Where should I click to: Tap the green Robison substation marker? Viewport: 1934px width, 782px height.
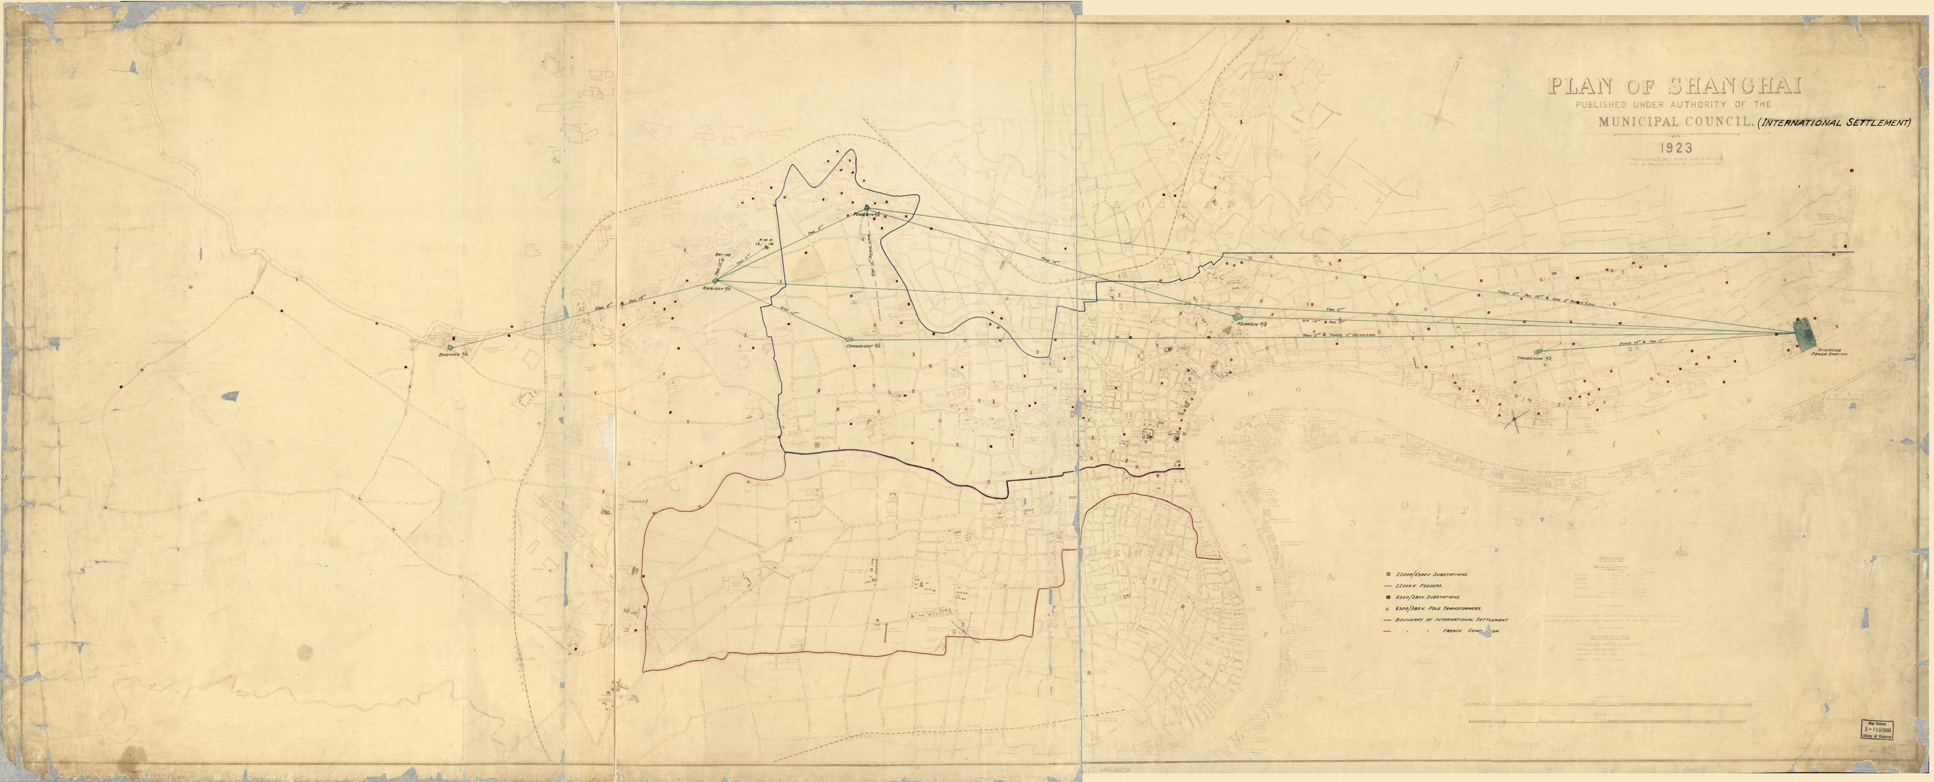click(x=724, y=280)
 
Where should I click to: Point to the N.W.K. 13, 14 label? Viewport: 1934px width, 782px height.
click(x=763, y=242)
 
